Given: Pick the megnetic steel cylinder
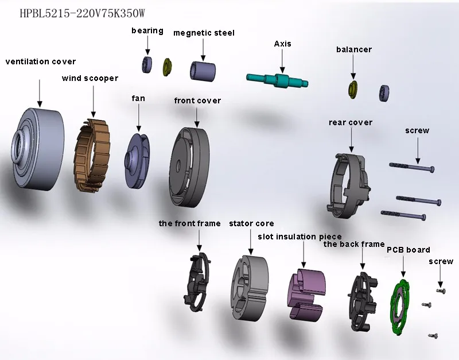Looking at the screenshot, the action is pyautogui.click(x=203, y=69).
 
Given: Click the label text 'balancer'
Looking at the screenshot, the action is pyautogui.click(x=354, y=49).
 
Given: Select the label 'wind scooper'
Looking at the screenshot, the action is pyautogui.click(x=90, y=78).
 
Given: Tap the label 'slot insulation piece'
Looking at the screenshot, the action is pyautogui.click(x=299, y=237).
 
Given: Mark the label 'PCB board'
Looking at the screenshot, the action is pyautogui.click(x=408, y=250).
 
